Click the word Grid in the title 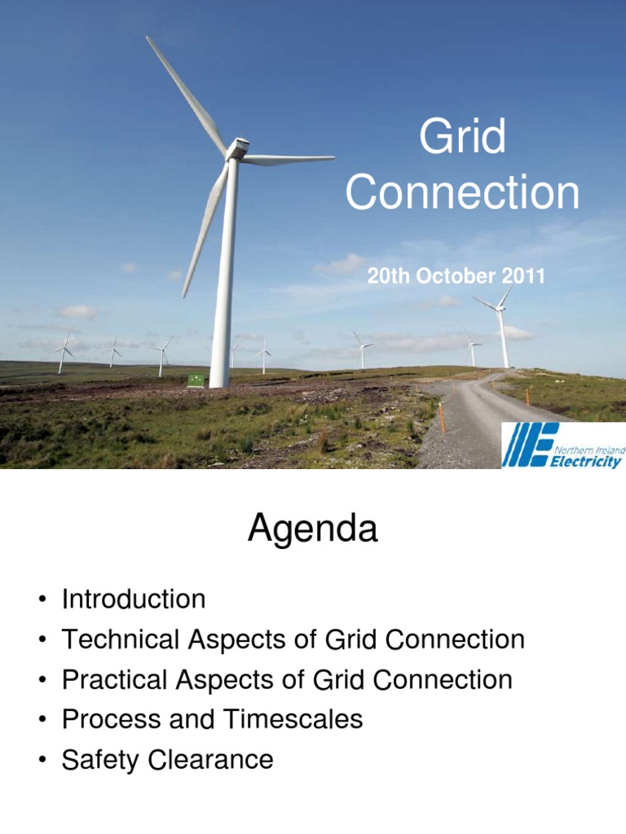point(462,138)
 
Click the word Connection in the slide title point(462,194)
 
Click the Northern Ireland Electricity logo point(562,446)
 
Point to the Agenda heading point(313,530)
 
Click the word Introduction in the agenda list point(134,600)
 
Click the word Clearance point(210,760)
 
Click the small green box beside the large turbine point(196,380)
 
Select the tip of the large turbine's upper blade point(149,38)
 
